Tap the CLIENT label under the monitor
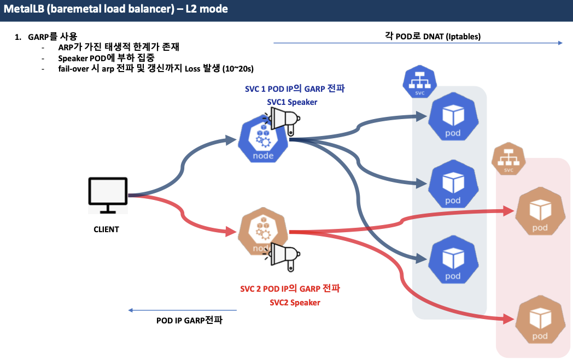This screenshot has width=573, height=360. [x=106, y=229]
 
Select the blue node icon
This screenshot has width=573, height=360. [x=262, y=140]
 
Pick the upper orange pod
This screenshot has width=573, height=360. [x=540, y=212]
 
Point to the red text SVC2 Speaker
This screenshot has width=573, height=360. [x=295, y=303]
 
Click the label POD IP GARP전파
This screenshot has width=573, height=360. [x=189, y=321]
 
